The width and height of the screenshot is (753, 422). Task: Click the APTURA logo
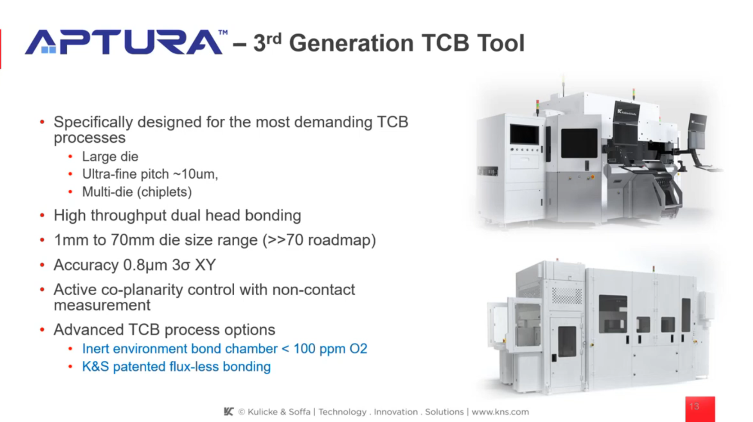[x=124, y=42]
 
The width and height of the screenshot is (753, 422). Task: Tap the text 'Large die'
[x=110, y=157]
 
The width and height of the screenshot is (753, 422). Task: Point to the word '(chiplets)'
[x=164, y=192]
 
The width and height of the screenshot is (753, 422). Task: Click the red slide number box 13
[x=699, y=408]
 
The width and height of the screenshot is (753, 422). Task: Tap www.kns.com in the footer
[x=500, y=412]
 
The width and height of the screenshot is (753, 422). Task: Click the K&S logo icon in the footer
[x=229, y=412]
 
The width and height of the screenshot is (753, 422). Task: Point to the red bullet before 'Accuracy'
[x=42, y=265]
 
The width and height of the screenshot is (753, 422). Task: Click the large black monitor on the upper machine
[x=579, y=143]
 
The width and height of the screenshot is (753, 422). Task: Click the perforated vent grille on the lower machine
[x=566, y=296]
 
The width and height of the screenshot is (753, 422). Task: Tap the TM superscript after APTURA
[x=223, y=33]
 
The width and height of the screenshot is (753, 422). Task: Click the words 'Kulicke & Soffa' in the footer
[x=279, y=412]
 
